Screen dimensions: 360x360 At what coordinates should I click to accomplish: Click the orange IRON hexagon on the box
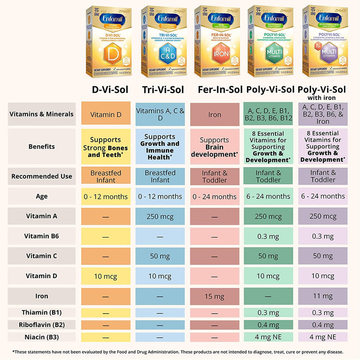214,54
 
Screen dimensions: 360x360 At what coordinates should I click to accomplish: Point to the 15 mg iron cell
215,297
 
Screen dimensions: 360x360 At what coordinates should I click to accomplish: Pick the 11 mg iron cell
323,297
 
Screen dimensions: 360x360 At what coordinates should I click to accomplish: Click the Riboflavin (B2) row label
41,324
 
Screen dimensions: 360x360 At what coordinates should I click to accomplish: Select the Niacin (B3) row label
41,337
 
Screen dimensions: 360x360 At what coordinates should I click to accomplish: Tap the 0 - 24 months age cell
215,196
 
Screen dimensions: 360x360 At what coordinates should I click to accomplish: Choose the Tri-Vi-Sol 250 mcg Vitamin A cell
160,216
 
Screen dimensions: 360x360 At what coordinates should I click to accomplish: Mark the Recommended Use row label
41,176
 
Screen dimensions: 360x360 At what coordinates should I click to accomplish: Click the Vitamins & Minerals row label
41,114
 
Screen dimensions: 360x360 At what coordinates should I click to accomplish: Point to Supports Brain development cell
215,147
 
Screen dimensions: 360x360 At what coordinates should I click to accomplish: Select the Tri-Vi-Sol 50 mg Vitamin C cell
160,256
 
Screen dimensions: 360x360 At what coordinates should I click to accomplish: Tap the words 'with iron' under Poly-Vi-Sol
323,97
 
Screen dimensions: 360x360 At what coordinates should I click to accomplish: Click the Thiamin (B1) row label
41,312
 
